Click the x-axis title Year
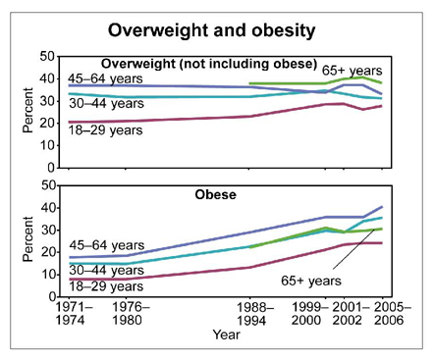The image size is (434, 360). point(227,334)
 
